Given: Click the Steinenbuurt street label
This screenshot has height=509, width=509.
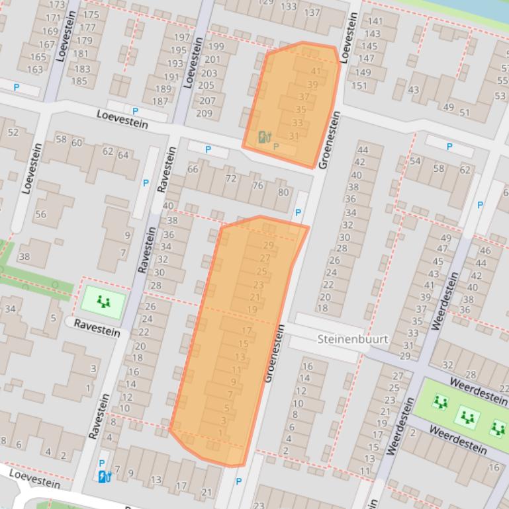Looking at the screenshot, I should pos(352,339).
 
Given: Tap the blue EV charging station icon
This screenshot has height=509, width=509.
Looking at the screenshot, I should pos(103,476).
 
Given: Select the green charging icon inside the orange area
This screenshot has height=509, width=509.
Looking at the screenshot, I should pos(264,137).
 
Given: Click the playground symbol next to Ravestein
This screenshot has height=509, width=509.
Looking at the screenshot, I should pos(103,302).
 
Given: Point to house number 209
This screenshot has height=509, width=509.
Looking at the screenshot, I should pos(205,113).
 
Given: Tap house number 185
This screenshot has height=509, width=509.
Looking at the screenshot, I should pos(79,81).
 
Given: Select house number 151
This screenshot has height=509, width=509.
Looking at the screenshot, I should pos(359,85).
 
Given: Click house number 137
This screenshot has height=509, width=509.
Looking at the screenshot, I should pos(312,13).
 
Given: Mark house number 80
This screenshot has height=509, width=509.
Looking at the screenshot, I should pos(283,192).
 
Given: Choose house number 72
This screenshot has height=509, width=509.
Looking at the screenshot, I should pos(231,178).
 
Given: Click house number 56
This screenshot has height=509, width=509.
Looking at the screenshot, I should pos(41,214).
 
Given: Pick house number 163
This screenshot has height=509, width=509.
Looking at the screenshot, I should pos(34,69).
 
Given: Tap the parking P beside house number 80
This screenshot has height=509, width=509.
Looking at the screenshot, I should pos(298,213).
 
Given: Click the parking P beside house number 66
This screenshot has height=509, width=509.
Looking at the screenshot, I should pos(208,150).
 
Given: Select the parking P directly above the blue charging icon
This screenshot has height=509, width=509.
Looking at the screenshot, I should pos(101,463).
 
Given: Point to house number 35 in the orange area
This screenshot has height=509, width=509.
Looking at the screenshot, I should pos(301,109).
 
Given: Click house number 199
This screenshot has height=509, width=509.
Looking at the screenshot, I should pos(216,46).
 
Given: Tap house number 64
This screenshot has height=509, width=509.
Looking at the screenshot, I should pos(123,155).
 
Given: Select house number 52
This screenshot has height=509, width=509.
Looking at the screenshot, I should pos(13,132).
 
